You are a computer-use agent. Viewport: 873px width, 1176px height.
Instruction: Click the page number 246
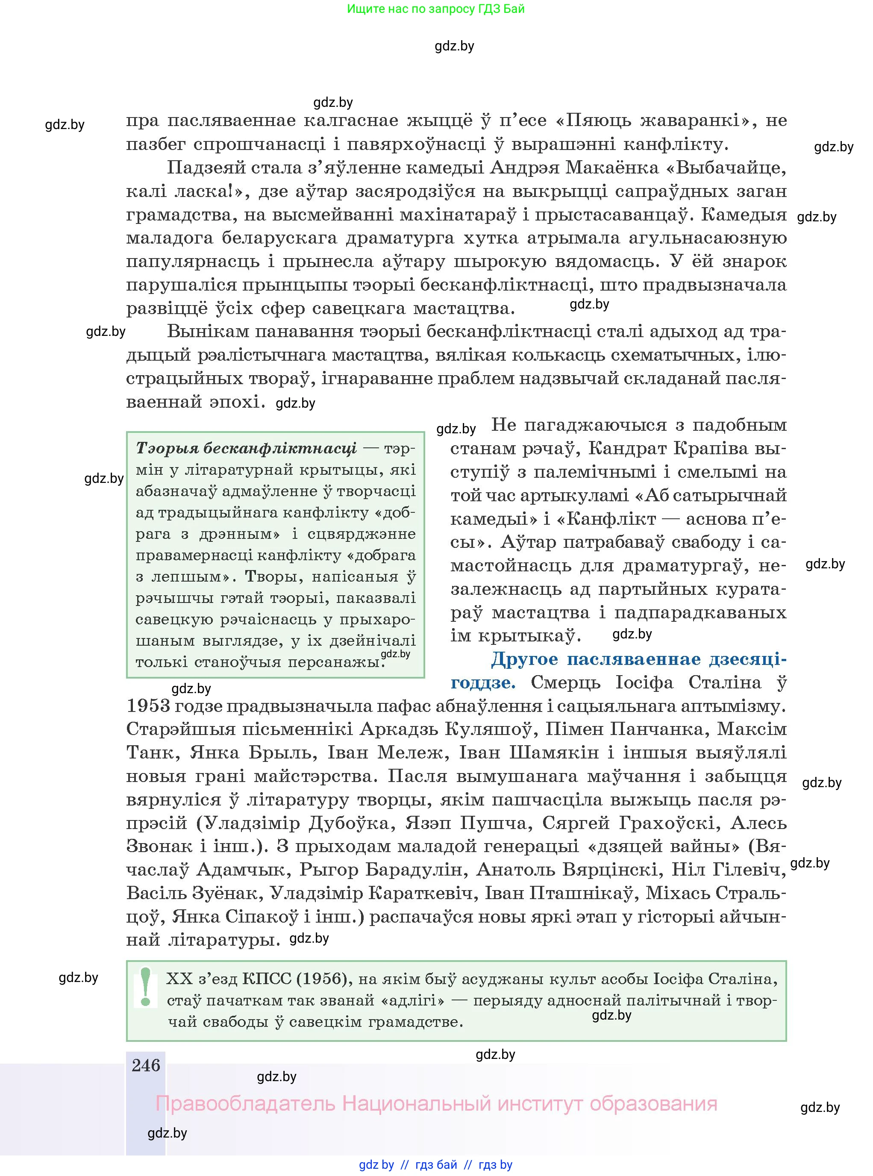point(146,1065)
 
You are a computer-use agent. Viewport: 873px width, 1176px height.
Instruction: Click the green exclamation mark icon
point(146,987)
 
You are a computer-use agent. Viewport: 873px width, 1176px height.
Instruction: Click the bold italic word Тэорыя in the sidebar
point(167,449)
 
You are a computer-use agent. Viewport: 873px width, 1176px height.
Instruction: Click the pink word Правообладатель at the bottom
point(246,1104)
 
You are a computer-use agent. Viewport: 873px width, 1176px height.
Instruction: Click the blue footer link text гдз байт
point(436,1165)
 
